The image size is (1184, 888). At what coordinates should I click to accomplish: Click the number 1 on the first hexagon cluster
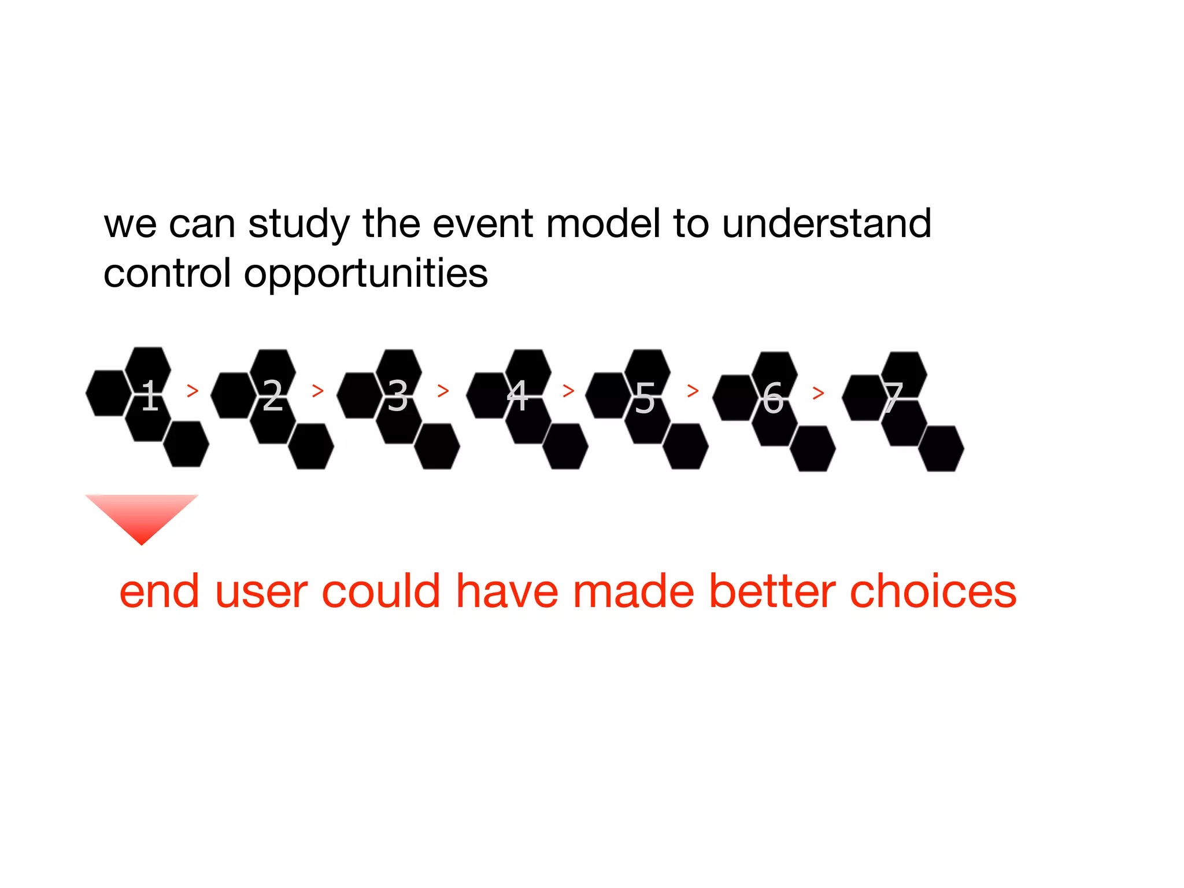150,396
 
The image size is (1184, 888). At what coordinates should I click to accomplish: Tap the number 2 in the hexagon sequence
273,396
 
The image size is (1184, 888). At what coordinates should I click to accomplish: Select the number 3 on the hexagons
398,396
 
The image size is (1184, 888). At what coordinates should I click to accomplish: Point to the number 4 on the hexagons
517,396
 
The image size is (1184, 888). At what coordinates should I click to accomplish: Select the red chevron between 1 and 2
193,391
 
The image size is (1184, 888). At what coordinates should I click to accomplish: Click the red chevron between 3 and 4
443,391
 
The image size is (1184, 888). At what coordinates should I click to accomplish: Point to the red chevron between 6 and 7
818,394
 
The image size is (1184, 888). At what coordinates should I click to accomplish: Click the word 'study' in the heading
299,225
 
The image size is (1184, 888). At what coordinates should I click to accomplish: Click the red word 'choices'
933,592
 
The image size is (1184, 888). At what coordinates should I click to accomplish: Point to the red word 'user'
261,593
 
